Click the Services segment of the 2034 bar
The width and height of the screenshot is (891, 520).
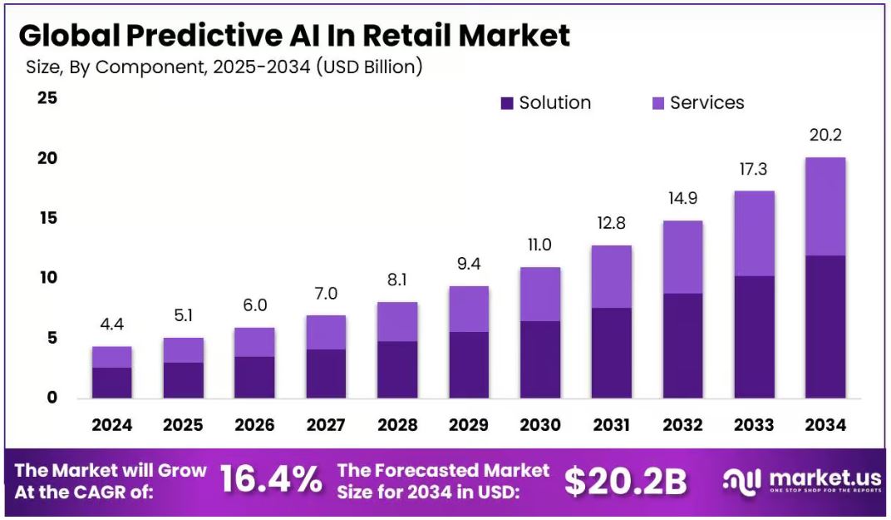coord(825,206)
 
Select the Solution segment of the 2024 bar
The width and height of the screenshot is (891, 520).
coord(111,383)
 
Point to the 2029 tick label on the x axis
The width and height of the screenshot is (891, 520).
coord(469,425)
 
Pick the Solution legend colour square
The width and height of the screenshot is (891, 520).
coord(507,103)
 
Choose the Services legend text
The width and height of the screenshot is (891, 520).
coord(706,103)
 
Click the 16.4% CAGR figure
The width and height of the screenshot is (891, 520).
coord(271,480)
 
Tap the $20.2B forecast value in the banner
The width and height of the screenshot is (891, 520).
coord(626,481)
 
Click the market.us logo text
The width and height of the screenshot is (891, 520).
coord(820,478)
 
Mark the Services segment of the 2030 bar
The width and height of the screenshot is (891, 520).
coord(539,294)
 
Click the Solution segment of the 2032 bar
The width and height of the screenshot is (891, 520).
coord(682,345)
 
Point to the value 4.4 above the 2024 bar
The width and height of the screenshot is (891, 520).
coord(111,324)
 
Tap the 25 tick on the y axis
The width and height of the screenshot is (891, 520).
coord(47,98)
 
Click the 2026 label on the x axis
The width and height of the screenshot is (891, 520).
coord(254,425)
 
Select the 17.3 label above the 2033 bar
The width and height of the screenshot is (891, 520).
coord(753,169)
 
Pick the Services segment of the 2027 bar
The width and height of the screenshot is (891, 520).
coord(326,332)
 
